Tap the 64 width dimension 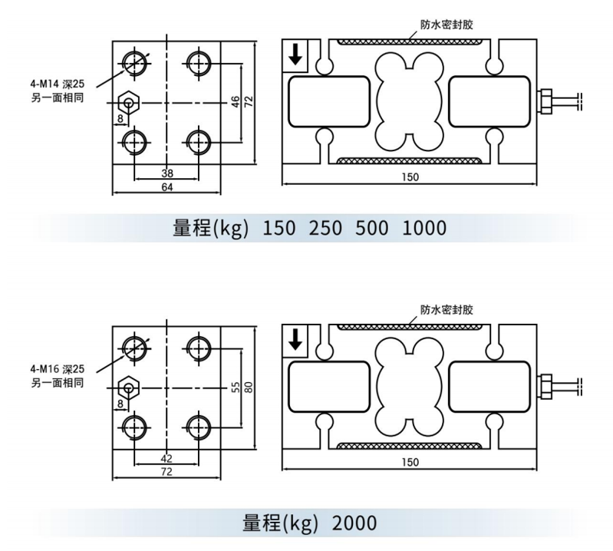[167, 186]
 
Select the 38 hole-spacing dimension [167, 173]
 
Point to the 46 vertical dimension [236, 101]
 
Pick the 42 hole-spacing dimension [167, 457]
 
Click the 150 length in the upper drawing [410, 177]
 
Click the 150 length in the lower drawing [410, 462]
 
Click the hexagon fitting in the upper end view [128, 102]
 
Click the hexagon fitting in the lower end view [128, 387]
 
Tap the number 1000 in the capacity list [424, 229]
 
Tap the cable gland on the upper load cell [545, 101]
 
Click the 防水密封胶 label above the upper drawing [447, 25]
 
